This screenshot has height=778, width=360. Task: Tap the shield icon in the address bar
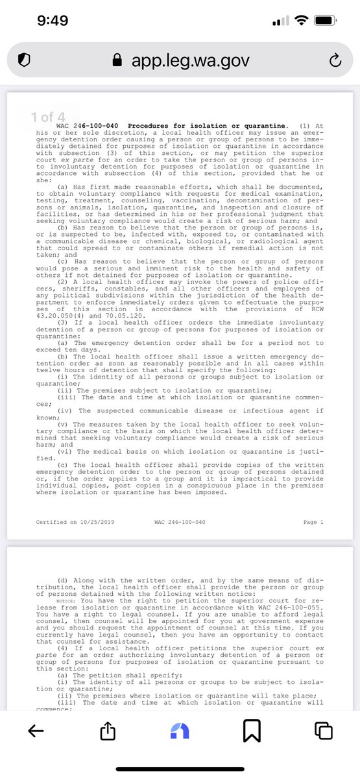click(24, 60)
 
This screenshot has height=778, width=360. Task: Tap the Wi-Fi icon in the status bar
click(302, 21)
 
